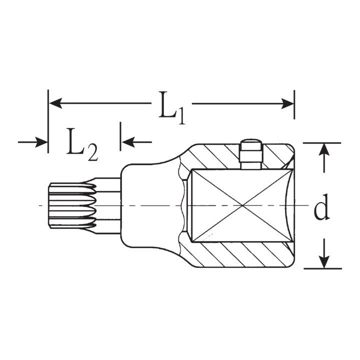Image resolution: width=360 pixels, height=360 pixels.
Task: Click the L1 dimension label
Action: pos(171,108)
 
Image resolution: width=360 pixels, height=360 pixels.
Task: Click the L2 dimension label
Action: pos(82,145)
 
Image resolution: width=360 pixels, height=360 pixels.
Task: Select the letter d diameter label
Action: pos(321,207)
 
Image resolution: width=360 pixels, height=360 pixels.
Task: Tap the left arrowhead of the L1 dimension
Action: pos(55,103)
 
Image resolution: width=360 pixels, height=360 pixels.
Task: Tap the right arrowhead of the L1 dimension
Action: pos(287,104)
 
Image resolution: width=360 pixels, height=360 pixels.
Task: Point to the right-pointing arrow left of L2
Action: pos(32,142)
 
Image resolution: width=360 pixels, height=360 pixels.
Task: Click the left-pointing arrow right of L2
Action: pos(136,142)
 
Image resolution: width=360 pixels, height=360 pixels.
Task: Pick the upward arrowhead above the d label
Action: pos(324,150)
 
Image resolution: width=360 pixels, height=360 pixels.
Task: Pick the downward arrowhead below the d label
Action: pos(324,261)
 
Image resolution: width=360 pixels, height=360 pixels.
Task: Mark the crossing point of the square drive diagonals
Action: pos(242,205)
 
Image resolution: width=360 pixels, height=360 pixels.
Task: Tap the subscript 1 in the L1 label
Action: pos(181,117)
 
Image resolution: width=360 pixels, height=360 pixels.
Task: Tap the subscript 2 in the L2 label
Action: pos(93,153)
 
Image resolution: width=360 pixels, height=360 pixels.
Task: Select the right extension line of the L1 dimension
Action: pos(294,104)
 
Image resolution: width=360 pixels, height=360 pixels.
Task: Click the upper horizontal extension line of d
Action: pos(322,143)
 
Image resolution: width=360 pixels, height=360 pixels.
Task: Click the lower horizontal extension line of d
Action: pos(323,268)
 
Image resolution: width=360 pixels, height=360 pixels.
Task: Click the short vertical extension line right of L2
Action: pos(120,136)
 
